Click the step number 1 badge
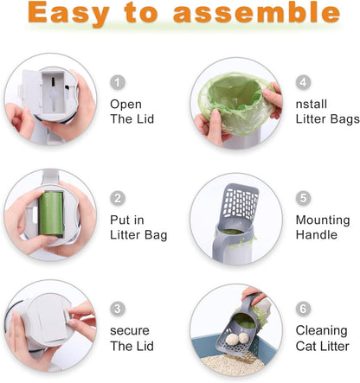119,82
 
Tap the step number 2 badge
119,198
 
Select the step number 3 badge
119,309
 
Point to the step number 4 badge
303,82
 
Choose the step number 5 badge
303,198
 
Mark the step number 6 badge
303,309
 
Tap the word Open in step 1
125,104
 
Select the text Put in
127,220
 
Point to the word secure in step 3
130,330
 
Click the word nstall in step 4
312,104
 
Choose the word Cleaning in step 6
321,330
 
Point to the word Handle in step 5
315,234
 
